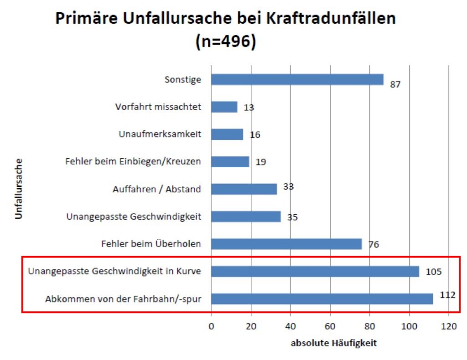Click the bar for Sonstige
click(297, 80)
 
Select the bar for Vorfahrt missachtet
click(224, 107)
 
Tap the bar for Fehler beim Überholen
click(286, 244)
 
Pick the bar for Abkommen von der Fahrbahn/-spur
click(322, 299)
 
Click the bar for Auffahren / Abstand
click(244, 189)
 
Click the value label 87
click(395, 85)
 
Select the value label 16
click(255, 135)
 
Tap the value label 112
click(447, 295)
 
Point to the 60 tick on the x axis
click(330, 326)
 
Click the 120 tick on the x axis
click(449, 326)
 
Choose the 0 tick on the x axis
click(211, 326)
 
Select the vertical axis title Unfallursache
click(19, 189)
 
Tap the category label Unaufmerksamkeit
click(160, 134)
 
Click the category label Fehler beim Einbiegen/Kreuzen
click(133, 162)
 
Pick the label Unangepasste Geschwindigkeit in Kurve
click(114, 272)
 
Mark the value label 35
click(293, 217)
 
